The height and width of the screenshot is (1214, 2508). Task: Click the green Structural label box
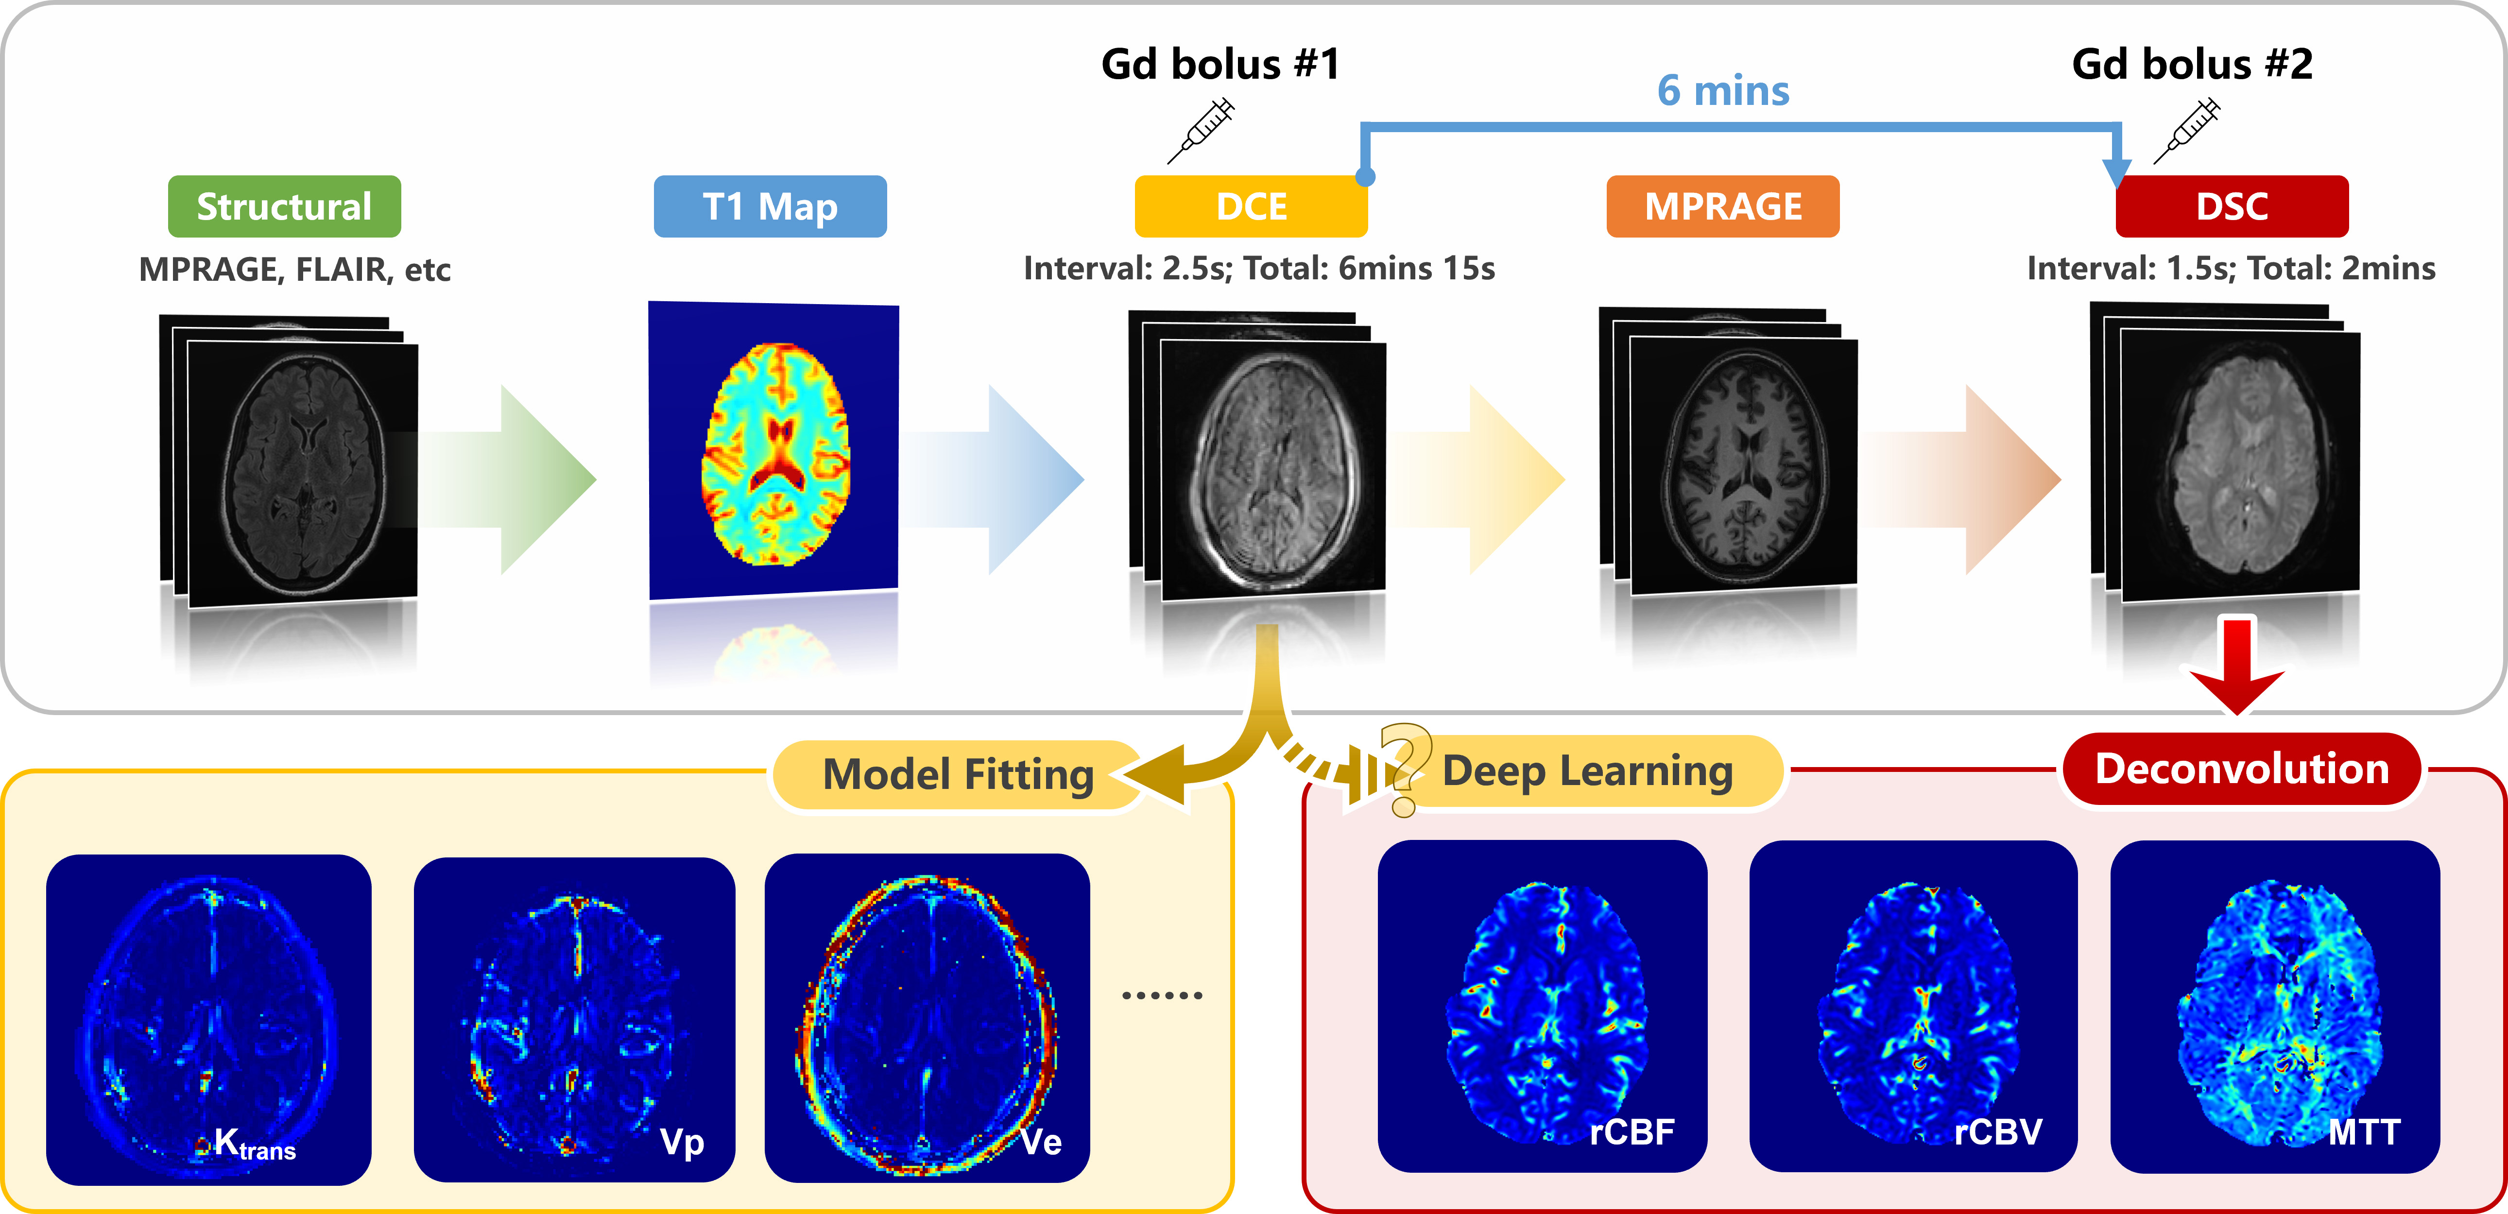coord(284,206)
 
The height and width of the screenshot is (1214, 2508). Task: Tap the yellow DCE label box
coord(1251,206)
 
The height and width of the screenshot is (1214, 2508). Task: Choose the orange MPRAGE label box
coord(1722,206)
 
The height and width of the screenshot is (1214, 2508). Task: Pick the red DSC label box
coord(2232,206)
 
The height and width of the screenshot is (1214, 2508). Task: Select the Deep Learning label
coord(1587,771)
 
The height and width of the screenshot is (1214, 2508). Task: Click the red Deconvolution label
coord(2241,769)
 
